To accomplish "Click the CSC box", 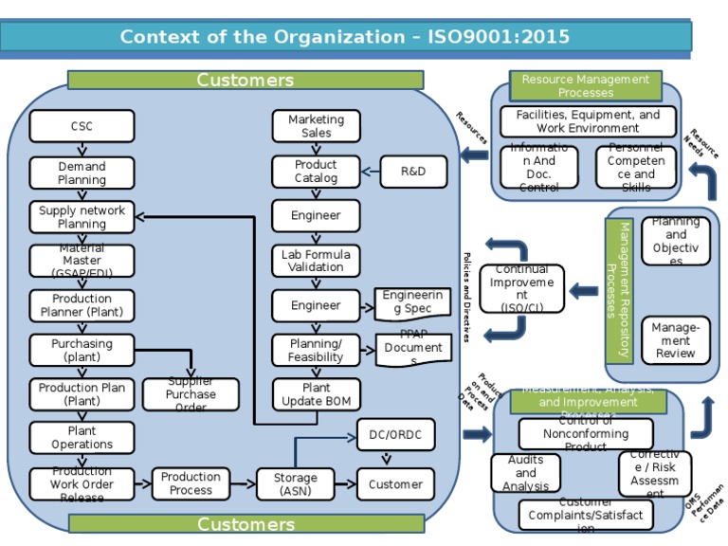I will [82, 126].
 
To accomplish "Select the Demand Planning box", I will [82, 173].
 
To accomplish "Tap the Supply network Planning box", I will [82, 217].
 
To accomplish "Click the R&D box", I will [413, 172].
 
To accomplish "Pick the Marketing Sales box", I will [316, 126].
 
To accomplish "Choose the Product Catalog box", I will [316, 172].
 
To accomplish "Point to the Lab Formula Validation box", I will [316, 261].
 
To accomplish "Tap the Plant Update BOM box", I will [316, 394].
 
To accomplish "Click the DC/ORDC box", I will [395, 435].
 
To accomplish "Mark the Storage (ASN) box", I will [296, 484].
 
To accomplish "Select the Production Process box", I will [191, 483].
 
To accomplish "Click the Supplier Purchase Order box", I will [191, 394].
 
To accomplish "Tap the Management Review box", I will [675, 340].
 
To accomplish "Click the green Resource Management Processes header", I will [585, 86].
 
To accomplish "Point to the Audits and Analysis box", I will [525, 473].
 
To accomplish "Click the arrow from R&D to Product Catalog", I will [371, 172].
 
